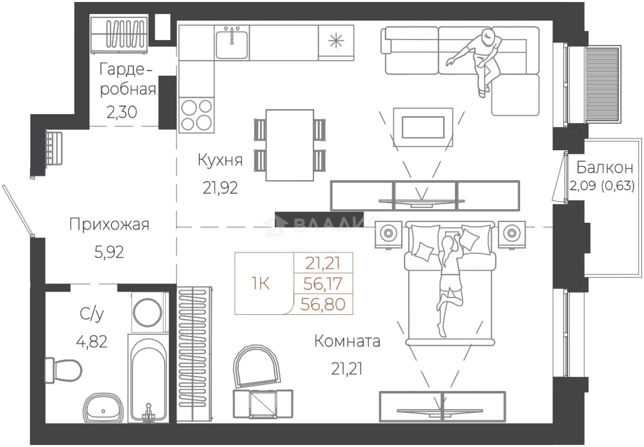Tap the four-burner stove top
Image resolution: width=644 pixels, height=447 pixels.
(196, 114)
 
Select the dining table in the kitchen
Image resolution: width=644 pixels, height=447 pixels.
(290, 145)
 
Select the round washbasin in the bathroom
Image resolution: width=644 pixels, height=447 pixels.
(103, 410)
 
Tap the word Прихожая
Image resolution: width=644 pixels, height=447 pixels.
(109, 225)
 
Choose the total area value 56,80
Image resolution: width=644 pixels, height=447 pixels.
(324, 305)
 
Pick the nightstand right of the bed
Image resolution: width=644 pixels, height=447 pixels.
(512, 234)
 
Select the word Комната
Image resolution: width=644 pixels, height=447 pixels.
(347, 341)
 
